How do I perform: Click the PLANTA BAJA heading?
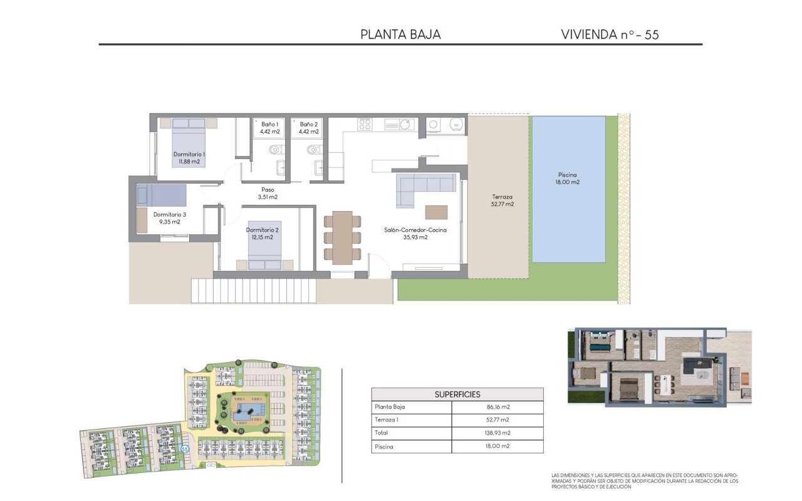click(x=400, y=34)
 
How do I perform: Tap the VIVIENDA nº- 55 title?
click(x=610, y=34)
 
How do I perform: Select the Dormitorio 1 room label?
click(x=189, y=154)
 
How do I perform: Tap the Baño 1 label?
click(x=270, y=124)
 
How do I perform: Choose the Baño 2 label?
click(x=308, y=124)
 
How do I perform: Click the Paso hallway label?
click(x=268, y=189)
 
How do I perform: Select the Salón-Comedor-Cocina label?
click(x=415, y=230)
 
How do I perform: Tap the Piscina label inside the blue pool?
click(x=568, y=175)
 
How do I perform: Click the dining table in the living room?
click(x=342, y=237)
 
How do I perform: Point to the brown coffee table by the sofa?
click(x=436, y=212)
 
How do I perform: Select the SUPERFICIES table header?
click(x=457, y=395)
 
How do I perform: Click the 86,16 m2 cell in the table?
click(x=497, y=407)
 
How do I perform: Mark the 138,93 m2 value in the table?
click(x=497, y=433)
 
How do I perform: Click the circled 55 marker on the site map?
click(x=184, y=449)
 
